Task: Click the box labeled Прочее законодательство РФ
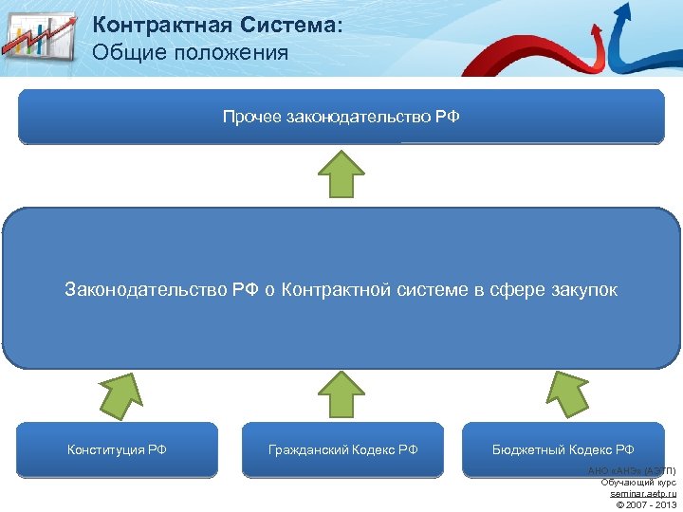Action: coord(341,117)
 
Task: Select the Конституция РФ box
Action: coord(117,449)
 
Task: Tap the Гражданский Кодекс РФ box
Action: coord(342,449)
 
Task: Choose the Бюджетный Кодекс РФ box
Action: coord(563,449)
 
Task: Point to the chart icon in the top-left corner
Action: coord(38,38)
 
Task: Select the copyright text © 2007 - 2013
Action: coord(645,504)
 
